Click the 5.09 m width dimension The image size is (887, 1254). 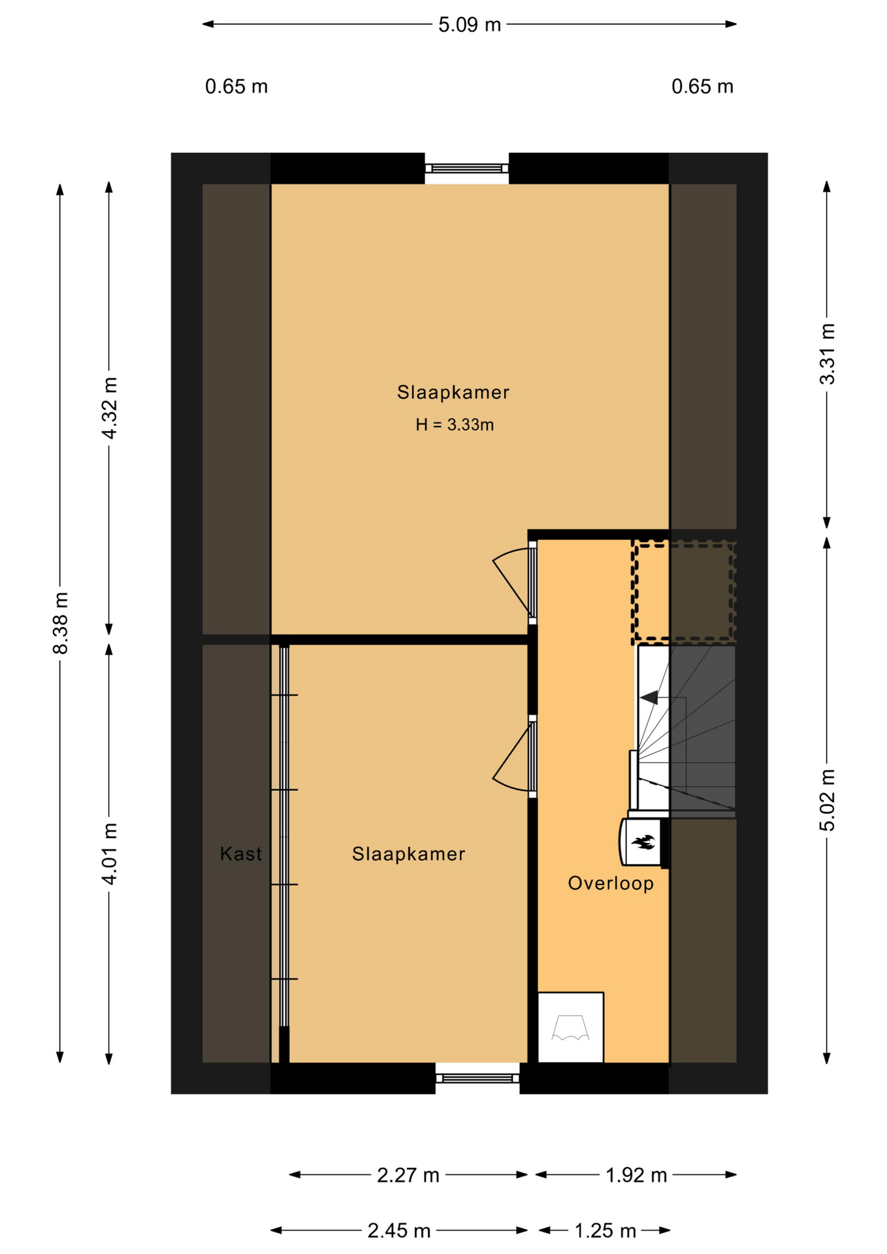click(x=469, y=25)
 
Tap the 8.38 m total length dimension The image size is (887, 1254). click(x=61, y=622)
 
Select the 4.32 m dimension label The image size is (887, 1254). click(x=109, y=408)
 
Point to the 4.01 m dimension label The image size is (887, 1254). click(x=109, y=854)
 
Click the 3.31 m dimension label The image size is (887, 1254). click(x=827, y=354)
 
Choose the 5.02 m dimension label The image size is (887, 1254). click(x=827, y=800)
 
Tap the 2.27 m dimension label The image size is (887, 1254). click(x=408, y=1175)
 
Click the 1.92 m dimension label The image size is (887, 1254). click(x=636, y=1175)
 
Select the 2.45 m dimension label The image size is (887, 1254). click(x=399, y=1230)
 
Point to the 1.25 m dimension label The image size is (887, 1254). click(x=605, y=1230)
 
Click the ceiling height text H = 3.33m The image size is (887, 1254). click(x=455, y=425)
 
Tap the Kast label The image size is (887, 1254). click(x=241, y=854)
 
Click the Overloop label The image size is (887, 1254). click(x=611, y=883)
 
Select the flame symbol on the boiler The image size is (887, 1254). click(x=643, y=842)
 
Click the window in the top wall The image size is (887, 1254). click(x=467, y=169)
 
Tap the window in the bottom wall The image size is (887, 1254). click(x=477, y=1078)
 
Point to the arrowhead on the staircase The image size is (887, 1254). click(x=649, y=698)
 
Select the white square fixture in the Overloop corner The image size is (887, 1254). click(x=571, y=1027)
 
